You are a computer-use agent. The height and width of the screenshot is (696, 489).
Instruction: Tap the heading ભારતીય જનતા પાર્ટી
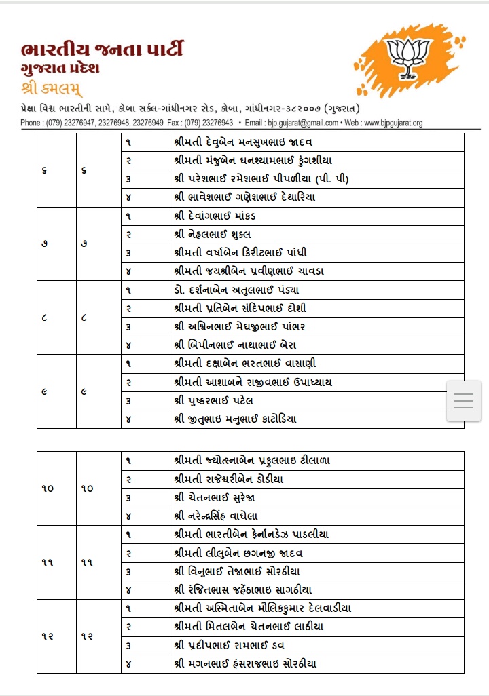pos(102,50)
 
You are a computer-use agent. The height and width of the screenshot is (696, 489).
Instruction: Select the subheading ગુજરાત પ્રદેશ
pos(60,70)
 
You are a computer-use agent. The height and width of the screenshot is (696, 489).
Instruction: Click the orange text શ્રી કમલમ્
pos(52,89)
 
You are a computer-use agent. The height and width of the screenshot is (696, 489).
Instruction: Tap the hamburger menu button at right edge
pos(463,401)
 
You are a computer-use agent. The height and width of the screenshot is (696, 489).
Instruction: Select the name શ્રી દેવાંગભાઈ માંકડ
pos(215,216)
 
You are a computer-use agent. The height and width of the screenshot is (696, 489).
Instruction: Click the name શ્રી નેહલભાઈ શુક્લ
pos(213,234)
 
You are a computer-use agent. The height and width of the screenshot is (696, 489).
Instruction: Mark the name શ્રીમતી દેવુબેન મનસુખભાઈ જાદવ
pos(243,142)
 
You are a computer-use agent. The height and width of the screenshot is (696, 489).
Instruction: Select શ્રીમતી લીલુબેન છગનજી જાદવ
pos(238,553)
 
